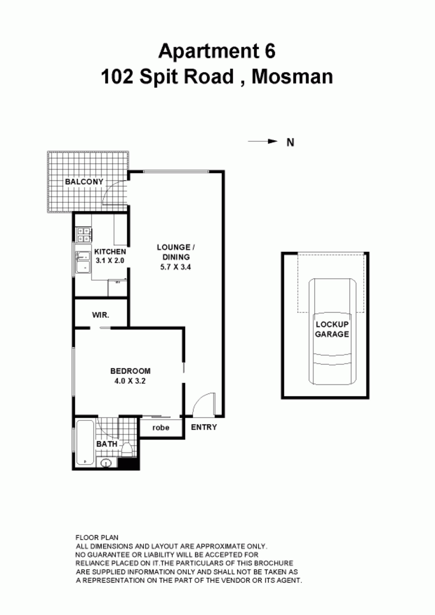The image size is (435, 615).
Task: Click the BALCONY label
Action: pyautogui.click(x=84, y=182)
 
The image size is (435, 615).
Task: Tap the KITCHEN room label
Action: pyautogui.click(x=110, y=251)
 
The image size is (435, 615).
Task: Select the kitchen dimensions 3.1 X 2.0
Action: pyautogui.click(x=110, y=260)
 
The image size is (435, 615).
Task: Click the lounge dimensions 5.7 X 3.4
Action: pyautogui.click(x=175, y=267)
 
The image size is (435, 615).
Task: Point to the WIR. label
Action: pyautogui.click(x=101, y=315)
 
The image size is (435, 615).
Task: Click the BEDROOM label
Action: pyautogui.click(x=130, y=371)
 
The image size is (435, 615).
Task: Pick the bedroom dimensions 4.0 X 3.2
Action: pyautogui.click(x=130, y=381)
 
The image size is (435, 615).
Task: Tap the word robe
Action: pyautogui.click(x=161, y=427)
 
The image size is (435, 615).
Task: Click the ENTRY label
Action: pyautogui.click(x=204, y=427)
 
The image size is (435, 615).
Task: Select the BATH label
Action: pyautogui.click(x=106, y=444)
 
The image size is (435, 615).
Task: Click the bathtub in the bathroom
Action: pyautogui.click(x=85, y=442)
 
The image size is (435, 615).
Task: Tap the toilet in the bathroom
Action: pyautogui.click(x=127, y=449)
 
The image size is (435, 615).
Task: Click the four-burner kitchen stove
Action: pyautogui.click(x=84, y=235)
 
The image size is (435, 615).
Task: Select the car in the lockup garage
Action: pyautogui.click(x=332, y=332)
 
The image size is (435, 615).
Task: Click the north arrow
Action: pyautogui.click(x=263, y=142)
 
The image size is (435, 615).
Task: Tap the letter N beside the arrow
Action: pyautogui.click(x=290, y=142)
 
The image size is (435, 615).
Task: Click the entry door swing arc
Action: pyautogui.click(x=203, y=401)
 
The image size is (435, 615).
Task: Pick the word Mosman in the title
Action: pyautogui.click(x=292, y=76)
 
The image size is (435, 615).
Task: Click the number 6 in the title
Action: pyautogui.click(x=270, y=51)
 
